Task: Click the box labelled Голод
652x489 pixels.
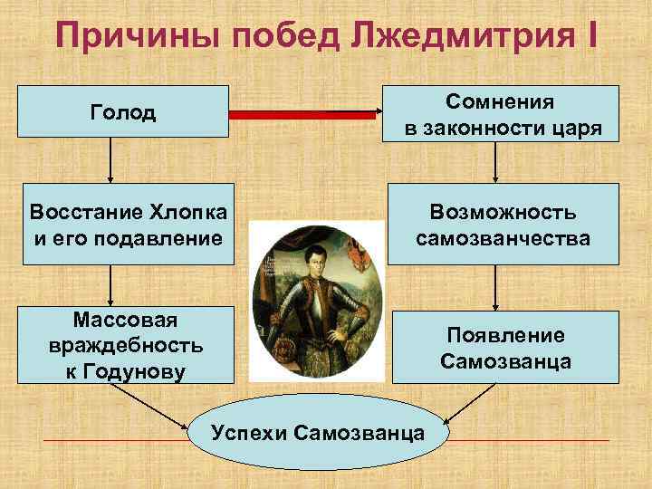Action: click(124, 113)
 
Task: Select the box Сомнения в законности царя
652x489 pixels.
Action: click(503, 113)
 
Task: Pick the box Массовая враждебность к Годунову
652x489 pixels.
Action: click(124, 345)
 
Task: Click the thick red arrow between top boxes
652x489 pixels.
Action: click(304, 114)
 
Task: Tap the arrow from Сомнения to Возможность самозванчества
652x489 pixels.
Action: click(496, 163)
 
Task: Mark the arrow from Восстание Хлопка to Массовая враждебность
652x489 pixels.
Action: click(110, 285)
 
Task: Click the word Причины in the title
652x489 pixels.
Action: click(126, 37)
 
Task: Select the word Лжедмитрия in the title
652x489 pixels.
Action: click(453, 37)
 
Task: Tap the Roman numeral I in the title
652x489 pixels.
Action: click(590, 37)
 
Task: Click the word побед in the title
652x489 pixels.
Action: click(264, 37)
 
